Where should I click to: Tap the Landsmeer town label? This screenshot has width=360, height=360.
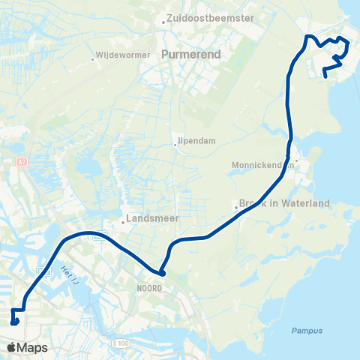pos(148,222)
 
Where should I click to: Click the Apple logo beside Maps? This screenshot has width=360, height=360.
pos(12,347)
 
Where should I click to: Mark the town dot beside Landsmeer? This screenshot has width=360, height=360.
pos(124,222)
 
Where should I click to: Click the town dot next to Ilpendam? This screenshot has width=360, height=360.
pos(175,144)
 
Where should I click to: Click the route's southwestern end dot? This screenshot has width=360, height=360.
pos(15,322)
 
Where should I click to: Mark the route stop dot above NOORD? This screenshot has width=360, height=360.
pos(161,273)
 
